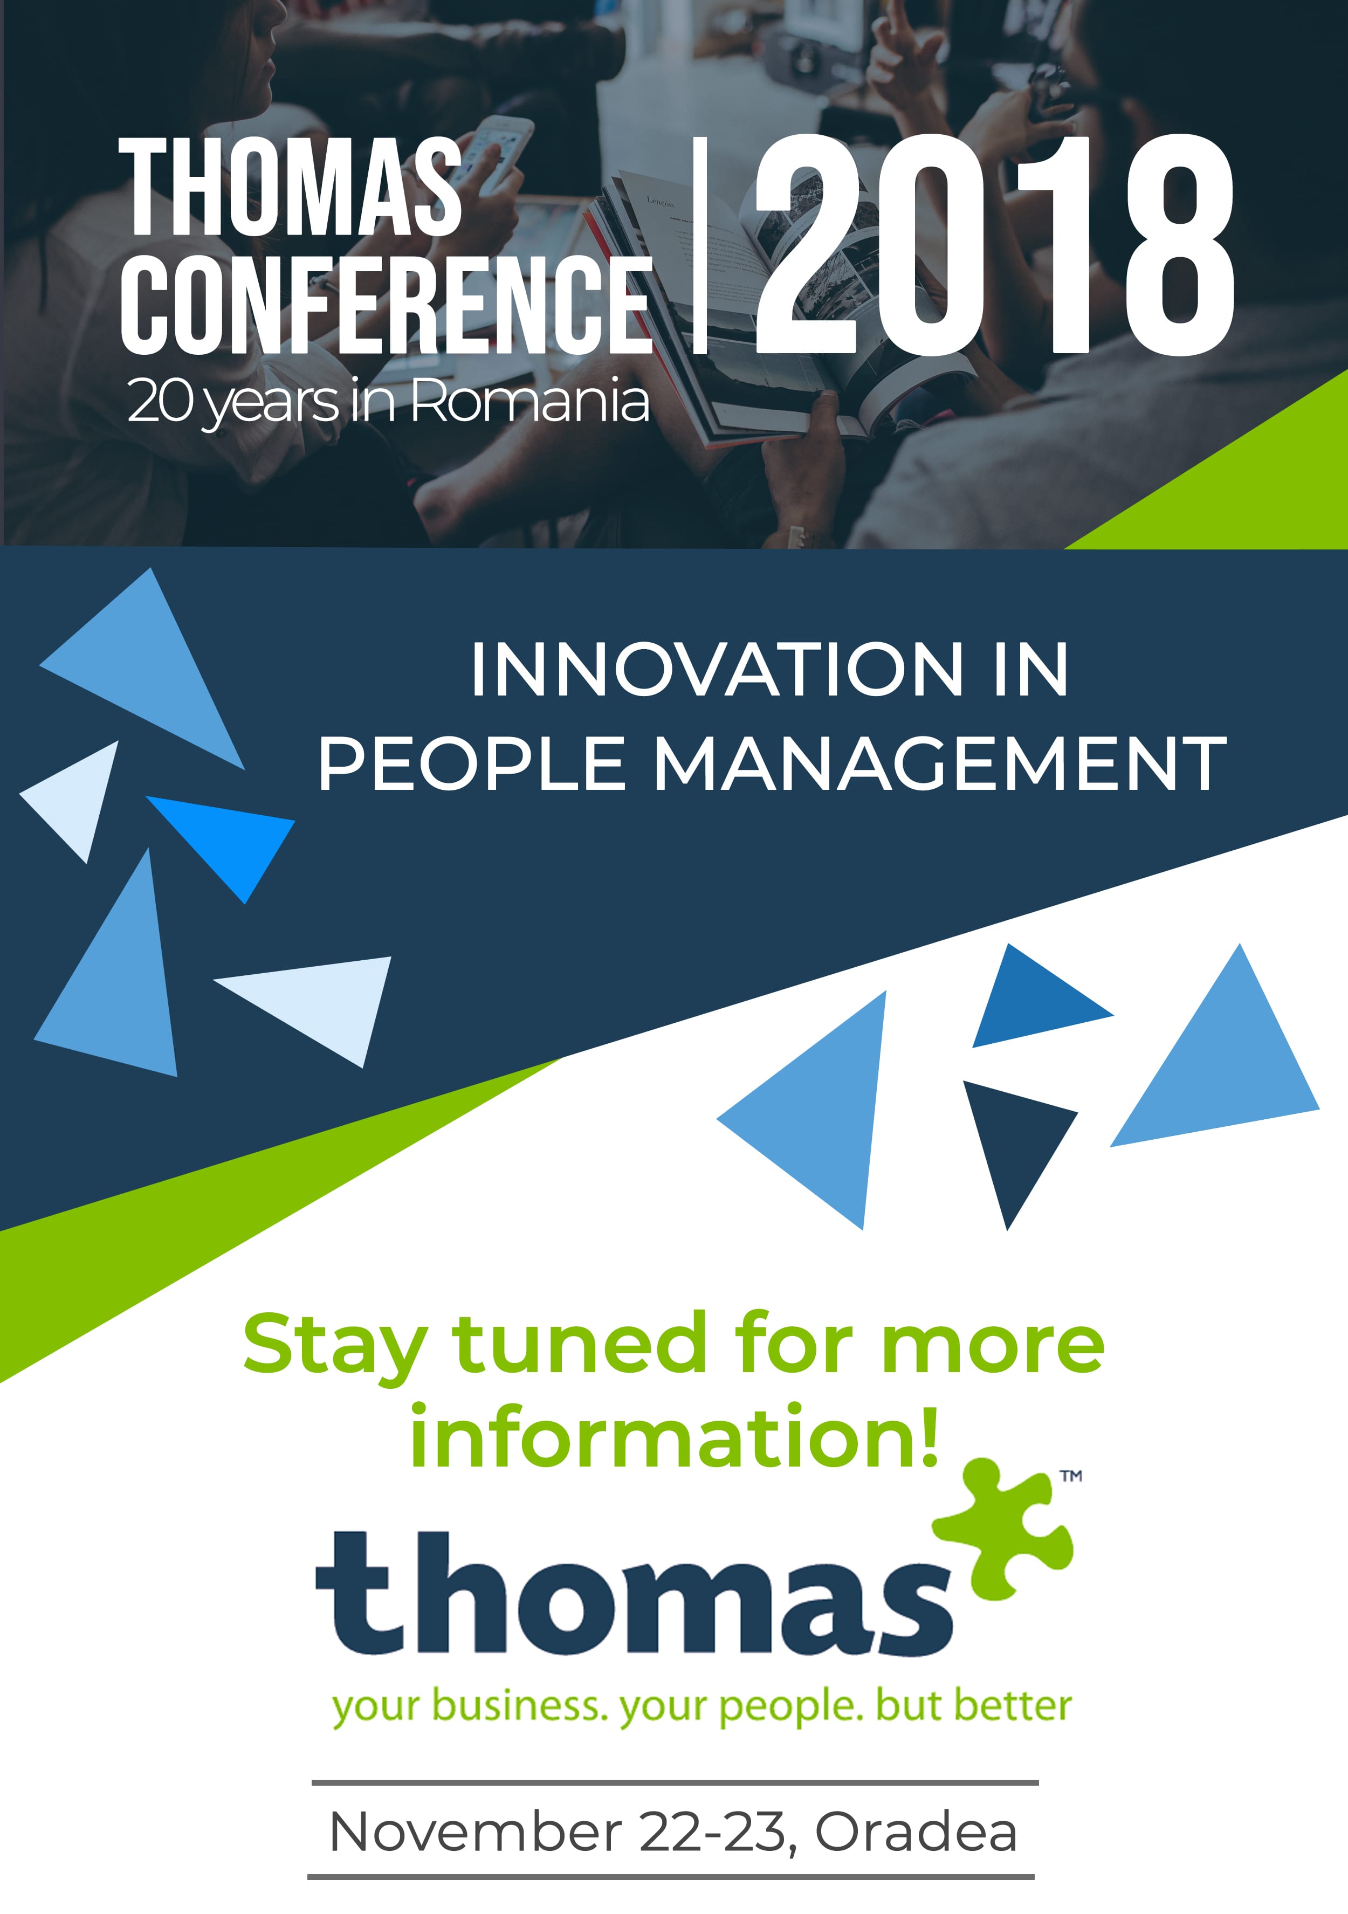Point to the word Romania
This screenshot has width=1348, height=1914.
(x=529, y=401)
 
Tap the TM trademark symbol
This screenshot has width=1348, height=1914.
(x=1071, y=1476)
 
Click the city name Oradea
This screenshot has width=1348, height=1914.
(x=916, y=1832)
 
